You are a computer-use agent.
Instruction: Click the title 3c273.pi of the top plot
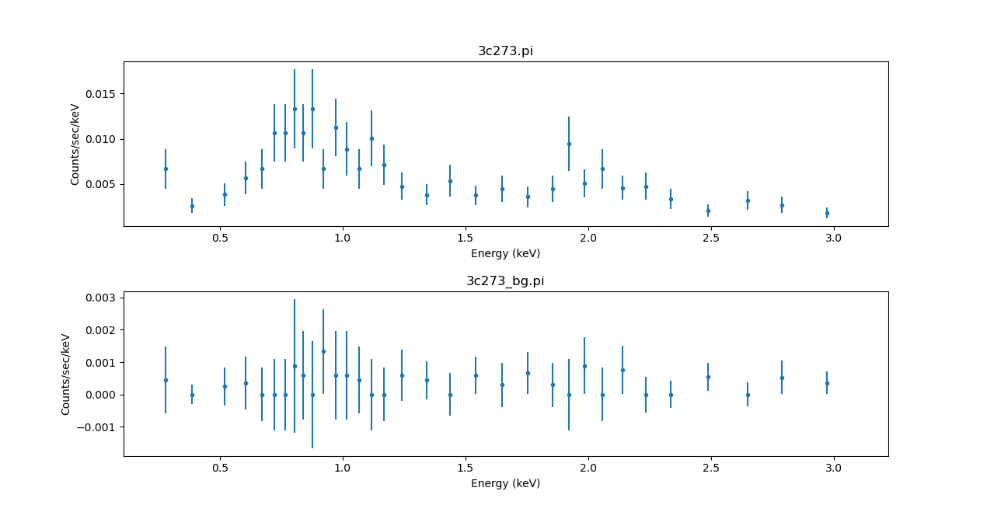[505, 51]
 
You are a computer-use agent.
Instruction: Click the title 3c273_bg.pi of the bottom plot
[505, 281]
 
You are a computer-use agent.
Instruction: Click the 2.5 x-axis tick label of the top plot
[710, 238]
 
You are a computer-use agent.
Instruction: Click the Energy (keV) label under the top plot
[505, 253]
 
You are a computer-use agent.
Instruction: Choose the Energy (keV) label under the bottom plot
[505, 483]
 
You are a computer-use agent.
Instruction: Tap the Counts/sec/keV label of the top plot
[75, 145]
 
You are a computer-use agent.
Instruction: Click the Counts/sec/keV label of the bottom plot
[67, 374]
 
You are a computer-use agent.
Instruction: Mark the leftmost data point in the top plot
[166, 169]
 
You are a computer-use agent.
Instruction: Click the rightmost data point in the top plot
[827, 213]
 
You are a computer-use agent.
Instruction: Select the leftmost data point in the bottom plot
[166, 380]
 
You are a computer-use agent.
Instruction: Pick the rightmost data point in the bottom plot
[827, 383]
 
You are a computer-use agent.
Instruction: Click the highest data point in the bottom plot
[323, 351]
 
